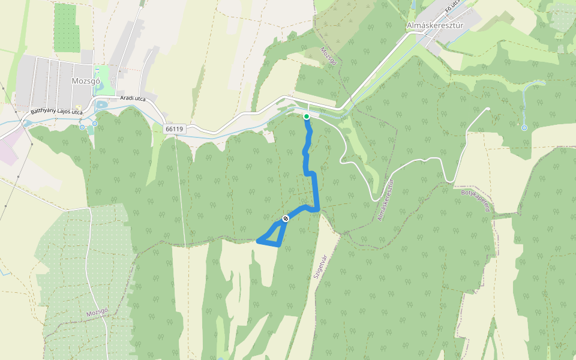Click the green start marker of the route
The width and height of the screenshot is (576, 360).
(307, 116)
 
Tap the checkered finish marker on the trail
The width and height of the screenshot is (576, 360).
(286, 218)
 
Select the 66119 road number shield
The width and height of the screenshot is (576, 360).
(173, 128)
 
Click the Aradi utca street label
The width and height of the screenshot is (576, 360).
(133, 98)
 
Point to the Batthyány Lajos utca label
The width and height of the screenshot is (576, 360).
(56, 112)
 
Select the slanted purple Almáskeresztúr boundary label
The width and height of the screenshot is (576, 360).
(385, 200)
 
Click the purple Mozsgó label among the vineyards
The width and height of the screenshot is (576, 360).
(96, 313)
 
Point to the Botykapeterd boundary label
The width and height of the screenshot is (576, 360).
(475, 200)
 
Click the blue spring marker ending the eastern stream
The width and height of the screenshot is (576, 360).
(524, 128)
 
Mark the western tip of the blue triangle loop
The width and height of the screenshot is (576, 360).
(258, 241)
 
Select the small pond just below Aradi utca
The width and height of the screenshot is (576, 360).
(101, 104)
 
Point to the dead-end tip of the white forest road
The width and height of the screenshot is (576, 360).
(488, 109)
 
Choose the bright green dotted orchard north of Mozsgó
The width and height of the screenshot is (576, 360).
(66, 28)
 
